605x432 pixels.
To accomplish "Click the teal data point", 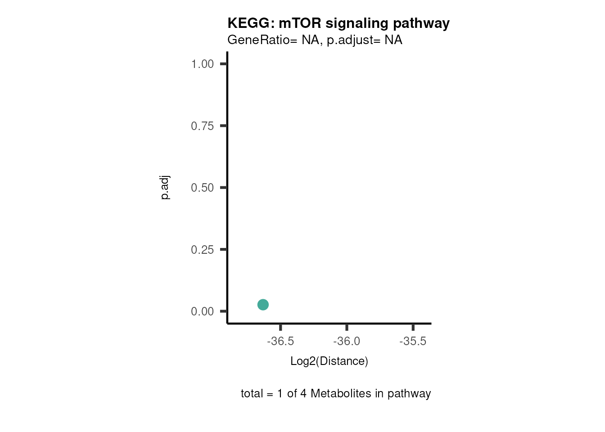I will click(263, 305).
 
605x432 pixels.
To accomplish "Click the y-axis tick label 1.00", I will click(202, 64).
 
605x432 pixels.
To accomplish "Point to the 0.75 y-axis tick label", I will click(202, 126).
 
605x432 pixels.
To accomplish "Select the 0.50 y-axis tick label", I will click(202, 188).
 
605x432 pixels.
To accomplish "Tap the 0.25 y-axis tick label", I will click(202, 250).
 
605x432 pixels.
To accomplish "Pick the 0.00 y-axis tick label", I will click(202, 311).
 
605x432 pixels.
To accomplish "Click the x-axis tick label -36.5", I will click(280, 341).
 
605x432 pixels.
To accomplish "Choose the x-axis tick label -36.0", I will click(347, 341).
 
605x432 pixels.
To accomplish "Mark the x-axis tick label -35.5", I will click(413, 341).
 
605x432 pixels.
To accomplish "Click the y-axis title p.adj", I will click(165, 188).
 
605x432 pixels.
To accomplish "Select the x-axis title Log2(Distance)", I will click(329, 361).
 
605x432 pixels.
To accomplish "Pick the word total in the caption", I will click(252, 394).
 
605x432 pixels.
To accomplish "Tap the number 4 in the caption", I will click(303, 394).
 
